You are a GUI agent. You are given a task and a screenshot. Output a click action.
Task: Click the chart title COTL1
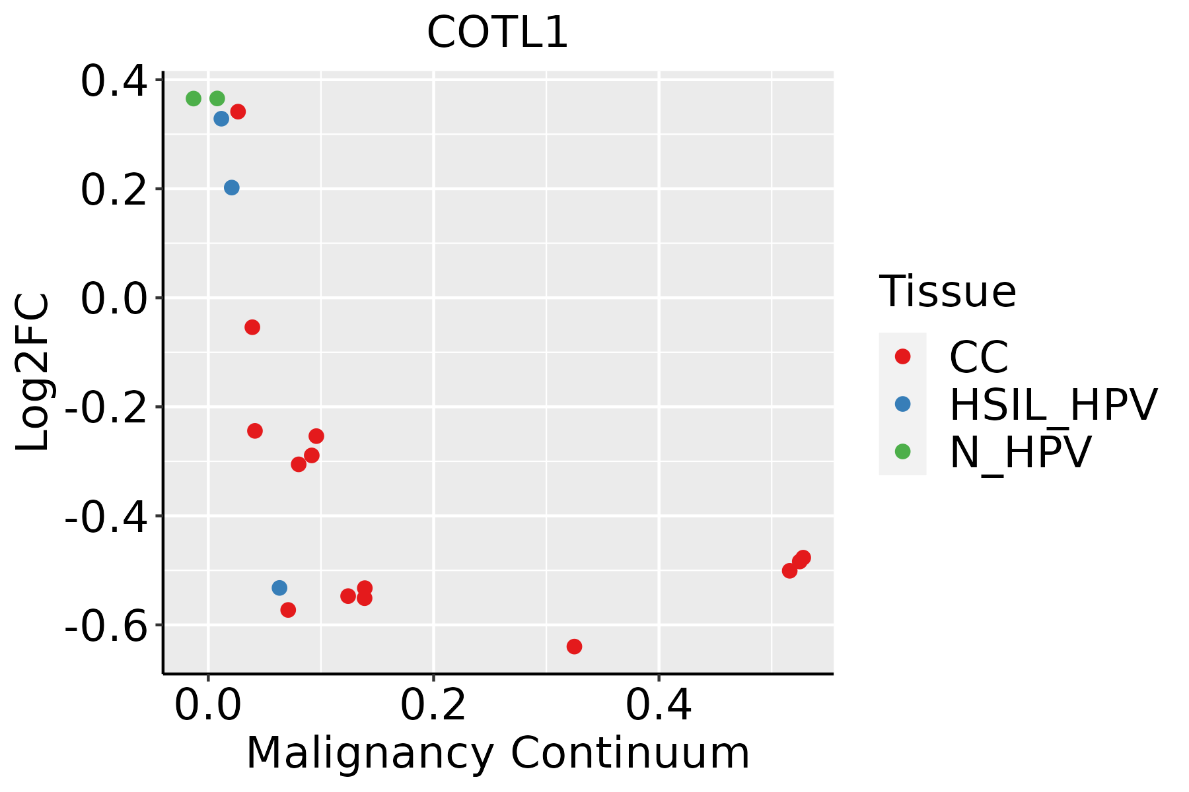tap(497, 33)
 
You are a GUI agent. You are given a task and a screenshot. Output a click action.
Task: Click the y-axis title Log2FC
tap(33, 373)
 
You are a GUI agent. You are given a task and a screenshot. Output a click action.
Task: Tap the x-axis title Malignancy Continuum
tap(497, 753)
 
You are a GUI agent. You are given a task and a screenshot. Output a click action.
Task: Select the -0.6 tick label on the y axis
tap(105, 625)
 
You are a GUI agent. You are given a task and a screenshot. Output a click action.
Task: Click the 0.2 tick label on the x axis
tap(433, 706)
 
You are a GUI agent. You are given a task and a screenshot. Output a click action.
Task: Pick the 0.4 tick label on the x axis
tap(659, 706)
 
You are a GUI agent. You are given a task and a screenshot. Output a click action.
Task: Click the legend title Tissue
tap(947, 291)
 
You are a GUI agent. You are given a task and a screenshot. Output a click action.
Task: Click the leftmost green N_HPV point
tap(194, 99)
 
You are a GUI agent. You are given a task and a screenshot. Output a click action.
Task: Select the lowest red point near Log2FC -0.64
tap(574, 646)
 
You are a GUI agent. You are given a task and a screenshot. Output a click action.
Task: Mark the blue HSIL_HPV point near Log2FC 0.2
tap(231, 188)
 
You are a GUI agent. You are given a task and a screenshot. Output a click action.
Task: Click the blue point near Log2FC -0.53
tap(279, 588)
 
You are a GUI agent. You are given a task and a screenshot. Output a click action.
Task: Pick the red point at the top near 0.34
tap(238, 112)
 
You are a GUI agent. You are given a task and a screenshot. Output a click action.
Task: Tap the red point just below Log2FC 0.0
tap(252, 327)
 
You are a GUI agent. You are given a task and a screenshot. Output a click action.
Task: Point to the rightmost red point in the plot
tap(803, 558)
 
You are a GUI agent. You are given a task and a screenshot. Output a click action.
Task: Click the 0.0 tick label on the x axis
tap(207, 706)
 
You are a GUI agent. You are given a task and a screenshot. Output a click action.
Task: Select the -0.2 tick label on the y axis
tap(105, 407)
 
